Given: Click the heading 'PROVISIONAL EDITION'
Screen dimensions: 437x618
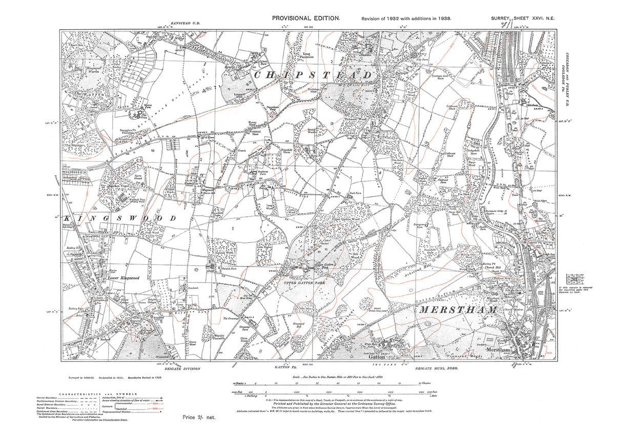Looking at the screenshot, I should [x=305, y=18].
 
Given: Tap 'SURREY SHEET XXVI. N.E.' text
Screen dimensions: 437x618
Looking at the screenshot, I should [x=522, y=18].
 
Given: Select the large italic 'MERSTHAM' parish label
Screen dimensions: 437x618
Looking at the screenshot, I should [x=457, y=310].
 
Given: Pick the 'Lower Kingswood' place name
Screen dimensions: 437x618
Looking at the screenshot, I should [x=123, y=278].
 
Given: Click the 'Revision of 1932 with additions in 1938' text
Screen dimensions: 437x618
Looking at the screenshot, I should [x=406, y=18].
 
